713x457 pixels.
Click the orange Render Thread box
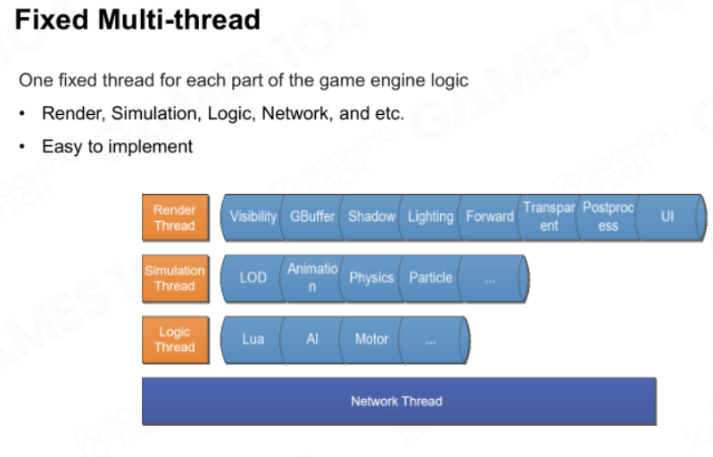point(176,217)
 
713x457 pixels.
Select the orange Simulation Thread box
point(176,278)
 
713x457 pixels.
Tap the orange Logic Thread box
point(176,339)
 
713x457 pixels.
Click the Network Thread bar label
point(396,401)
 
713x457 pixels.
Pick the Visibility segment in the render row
point(253,217)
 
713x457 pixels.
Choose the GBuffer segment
point(312,217)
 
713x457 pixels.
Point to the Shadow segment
point(371,217)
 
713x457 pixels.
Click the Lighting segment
point(431,217)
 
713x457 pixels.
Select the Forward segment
point(490,217)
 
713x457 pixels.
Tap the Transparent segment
point(549,217)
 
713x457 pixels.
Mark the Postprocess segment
point(608,217)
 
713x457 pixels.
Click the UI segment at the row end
point(667,217)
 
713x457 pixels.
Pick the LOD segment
point(253,278)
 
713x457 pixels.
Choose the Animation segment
point(312,278)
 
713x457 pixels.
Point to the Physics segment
point(371,278)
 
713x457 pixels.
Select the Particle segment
point(431,278)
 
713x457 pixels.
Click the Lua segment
point(253,339)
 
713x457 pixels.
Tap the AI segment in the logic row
point(312,339)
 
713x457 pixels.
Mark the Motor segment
point(371,339)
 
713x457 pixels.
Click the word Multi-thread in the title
point(179,20)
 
